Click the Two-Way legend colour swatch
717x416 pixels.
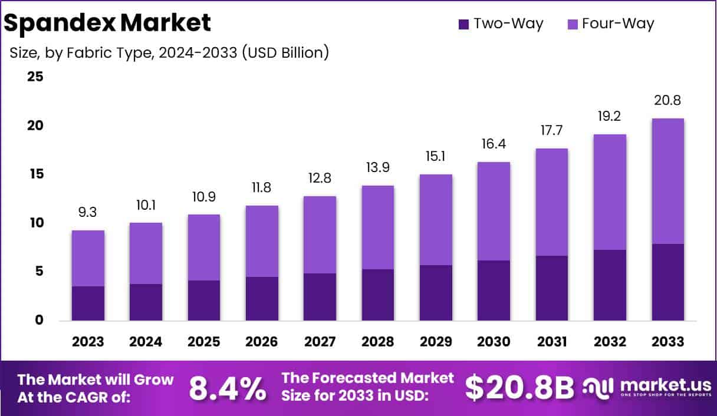[463, 24]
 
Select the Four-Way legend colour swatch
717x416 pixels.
[571, 24]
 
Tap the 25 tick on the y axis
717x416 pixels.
[35, 77]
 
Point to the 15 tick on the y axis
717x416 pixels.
[35, 174]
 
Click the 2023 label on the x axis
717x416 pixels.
[88, 342]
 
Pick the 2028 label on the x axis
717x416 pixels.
[378, 342]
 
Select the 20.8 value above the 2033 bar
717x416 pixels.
[668, 101]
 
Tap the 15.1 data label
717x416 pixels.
[436, 157]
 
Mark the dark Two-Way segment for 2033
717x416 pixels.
[668, 282]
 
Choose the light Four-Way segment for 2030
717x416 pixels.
[494, 211]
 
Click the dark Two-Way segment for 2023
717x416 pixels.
[88, 303]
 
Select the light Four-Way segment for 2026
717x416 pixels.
[262, 241]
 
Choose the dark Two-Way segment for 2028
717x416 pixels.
[378, 295]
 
